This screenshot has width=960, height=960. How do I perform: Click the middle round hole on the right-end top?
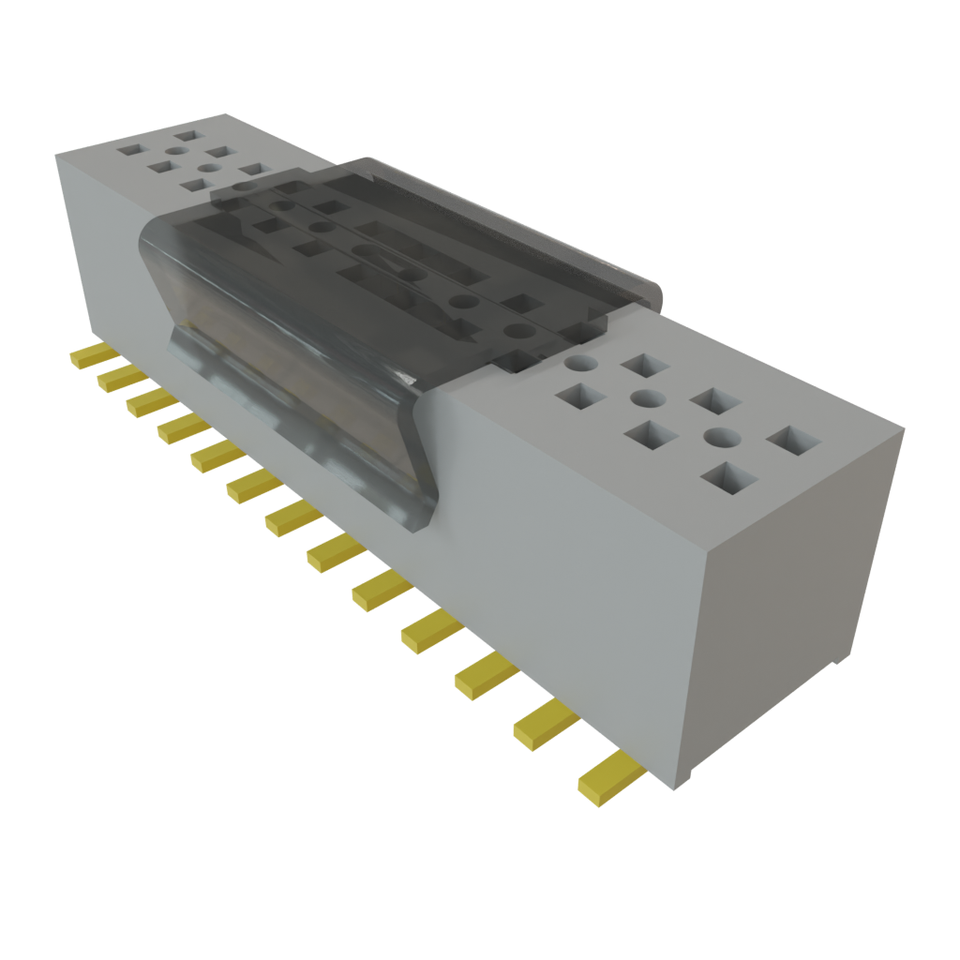647,398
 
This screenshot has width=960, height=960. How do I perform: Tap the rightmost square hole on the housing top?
792,441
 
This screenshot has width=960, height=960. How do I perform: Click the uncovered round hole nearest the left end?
177,150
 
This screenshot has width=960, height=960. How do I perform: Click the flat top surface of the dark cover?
422,253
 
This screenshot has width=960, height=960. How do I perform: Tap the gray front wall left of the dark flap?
103,253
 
